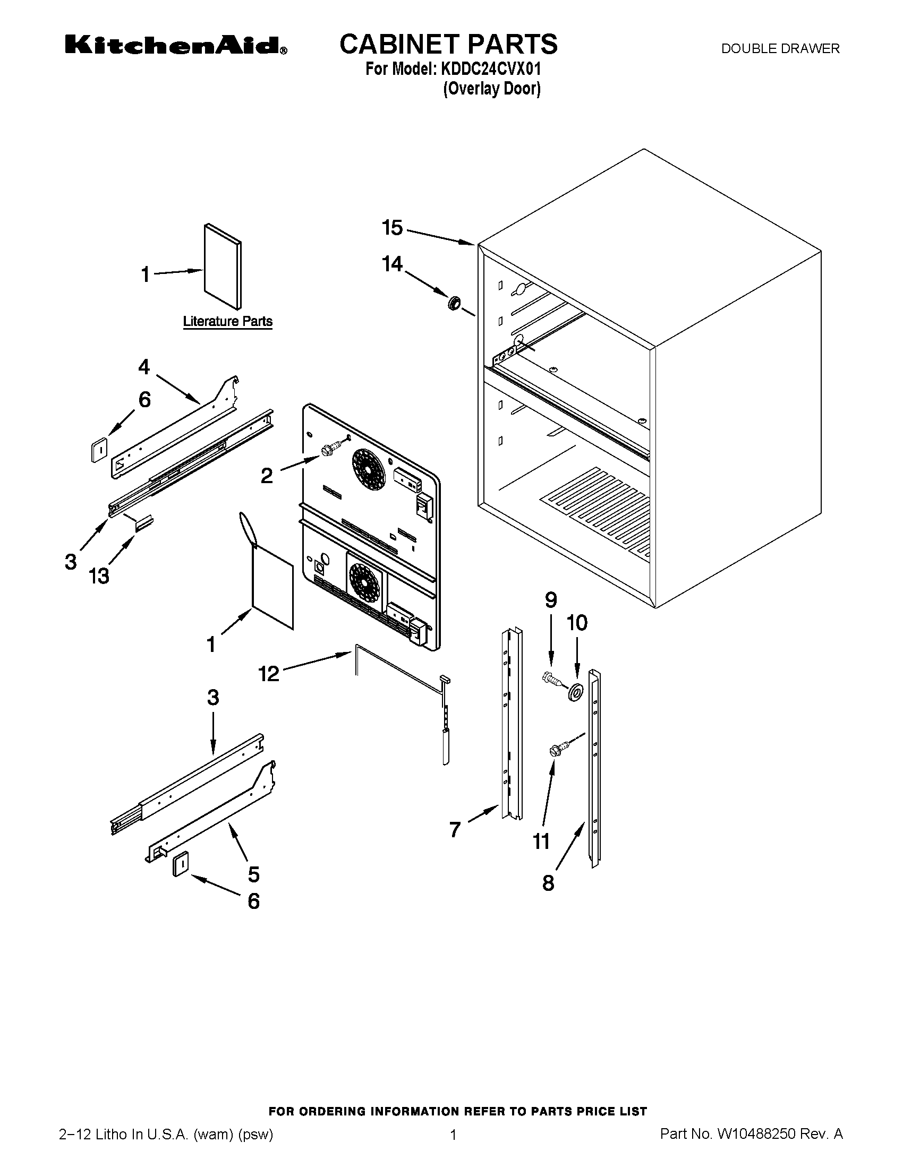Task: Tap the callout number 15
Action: [x=392, y=228]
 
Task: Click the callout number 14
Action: [x=392, y=264]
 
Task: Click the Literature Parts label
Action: [x=227, y=321]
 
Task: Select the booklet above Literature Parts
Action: [x=222, y=266]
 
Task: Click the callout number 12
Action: [x=269, y=673]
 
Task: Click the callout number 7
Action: [x=455, y=829]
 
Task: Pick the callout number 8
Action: [x=548, y=882]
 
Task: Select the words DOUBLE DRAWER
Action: [x=780, y=49]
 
